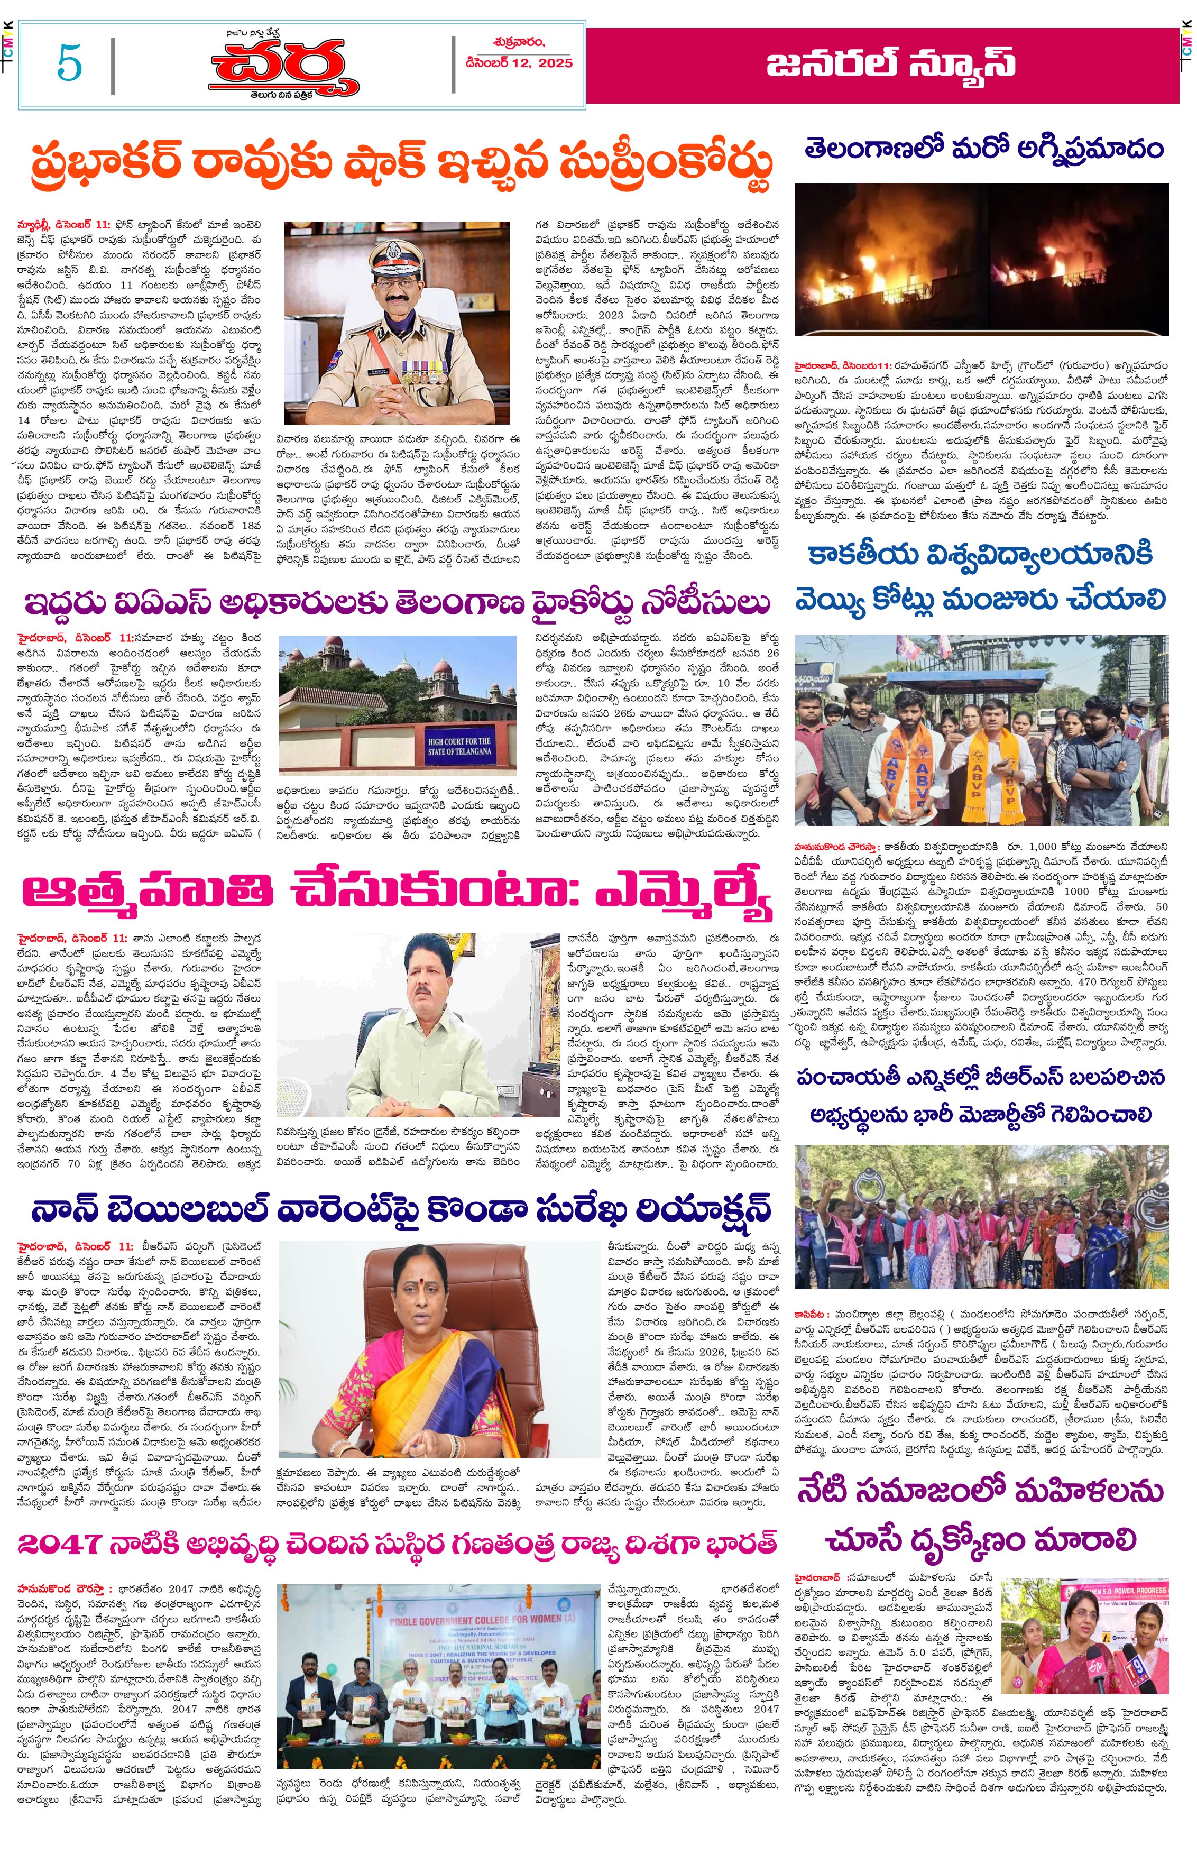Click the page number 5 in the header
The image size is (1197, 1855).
[x=69, y=63]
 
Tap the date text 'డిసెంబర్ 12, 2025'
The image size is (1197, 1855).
[x=519, y=63]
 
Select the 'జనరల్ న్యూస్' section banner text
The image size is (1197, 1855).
[x=891, y=64]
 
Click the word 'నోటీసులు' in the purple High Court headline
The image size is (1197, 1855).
[x=706, y=602]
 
